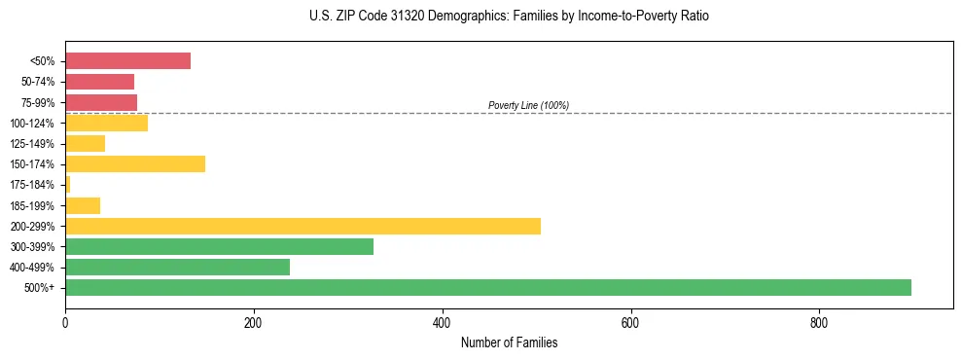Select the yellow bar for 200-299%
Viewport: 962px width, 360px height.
tap(303, 226)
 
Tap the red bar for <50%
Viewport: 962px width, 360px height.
tap(127, 60)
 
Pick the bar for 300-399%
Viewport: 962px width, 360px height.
tap(219, 246)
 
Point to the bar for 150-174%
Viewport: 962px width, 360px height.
tap(135, 163)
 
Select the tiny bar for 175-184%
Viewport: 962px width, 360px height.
tap(68, 184)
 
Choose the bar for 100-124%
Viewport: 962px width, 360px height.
tap(106, 123)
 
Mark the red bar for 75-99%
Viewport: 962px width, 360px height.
tap(101, 102)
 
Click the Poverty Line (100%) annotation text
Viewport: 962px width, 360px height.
tap(528, 105)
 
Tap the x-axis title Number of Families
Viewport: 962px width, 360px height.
tap(509, 342)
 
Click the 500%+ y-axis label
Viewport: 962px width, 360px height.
tap(40, 288)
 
